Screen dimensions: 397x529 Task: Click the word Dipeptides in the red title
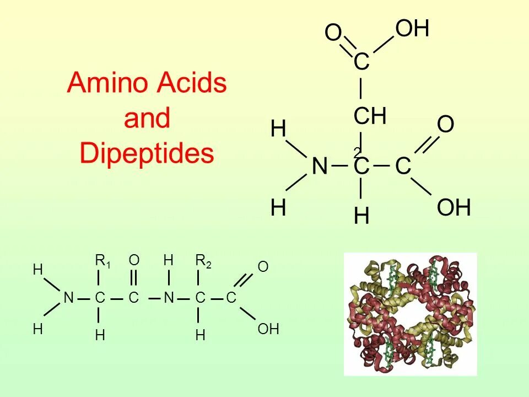click(147, 153)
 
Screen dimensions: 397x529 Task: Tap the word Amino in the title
click(105, 84)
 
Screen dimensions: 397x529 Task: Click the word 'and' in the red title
click(147, 119)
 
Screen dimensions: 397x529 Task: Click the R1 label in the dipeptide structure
click(103, 262)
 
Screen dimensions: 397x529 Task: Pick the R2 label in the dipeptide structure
click(203, 262)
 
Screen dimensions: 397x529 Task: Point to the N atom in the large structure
click(320, 166)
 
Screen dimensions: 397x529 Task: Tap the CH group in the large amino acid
click(369, 116)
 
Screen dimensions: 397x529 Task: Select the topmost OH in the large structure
click(412, 29)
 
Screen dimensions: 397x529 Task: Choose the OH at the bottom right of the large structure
click(454, 208)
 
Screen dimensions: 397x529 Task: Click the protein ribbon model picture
click(410, 314)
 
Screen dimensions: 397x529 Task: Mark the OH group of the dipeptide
click(268, 330)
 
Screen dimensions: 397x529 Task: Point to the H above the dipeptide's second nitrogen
click(169, 260)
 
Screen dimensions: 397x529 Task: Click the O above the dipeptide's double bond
click(134, 260)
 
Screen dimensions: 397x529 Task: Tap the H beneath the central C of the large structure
click(361, 217)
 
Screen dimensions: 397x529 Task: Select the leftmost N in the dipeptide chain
click(68, 298)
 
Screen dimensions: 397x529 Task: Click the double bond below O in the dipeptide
click(134, 277)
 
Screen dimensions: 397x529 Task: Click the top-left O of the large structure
click(333, 34)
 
